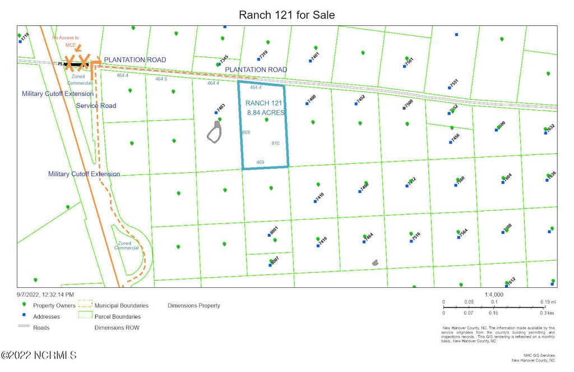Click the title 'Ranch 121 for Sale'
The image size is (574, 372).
coord(286,15)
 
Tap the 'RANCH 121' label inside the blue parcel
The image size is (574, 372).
coord(263,103)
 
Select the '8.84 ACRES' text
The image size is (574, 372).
coord(266,113)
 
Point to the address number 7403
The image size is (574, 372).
coord(221,107)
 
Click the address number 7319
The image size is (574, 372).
coord(263,54)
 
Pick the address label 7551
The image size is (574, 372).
coord(453,83)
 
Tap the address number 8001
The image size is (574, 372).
coord(274,231)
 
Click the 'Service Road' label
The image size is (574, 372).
coord(96,105)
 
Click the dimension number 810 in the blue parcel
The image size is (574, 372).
coord(275,143)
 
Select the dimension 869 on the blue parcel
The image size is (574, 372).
coord(246,132)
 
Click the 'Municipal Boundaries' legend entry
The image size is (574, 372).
coord(122,306)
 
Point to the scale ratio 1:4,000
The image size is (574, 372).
coord(494,295)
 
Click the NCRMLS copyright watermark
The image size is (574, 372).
coord(38,356)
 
